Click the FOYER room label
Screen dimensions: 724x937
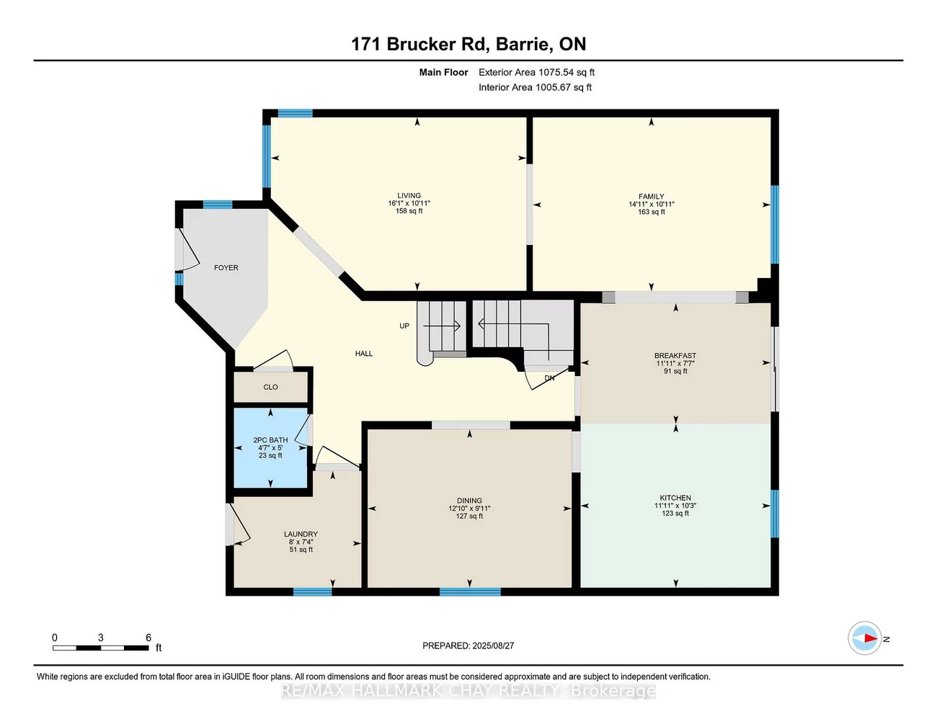point(226,267)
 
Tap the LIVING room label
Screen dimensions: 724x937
point(409,195)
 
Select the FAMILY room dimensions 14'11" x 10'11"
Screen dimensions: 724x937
point(651,205)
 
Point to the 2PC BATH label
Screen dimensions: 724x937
point(270,440)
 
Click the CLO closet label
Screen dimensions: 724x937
point(270,388)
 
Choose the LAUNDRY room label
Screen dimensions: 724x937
point(301,535)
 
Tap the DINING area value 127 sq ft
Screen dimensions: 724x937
point(469,517)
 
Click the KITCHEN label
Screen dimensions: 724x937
point(675,498)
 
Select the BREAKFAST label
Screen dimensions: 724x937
point(675,356)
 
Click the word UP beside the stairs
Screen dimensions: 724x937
point(404,326)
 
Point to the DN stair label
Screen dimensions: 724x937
point(549,378)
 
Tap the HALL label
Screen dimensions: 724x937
point(364,354)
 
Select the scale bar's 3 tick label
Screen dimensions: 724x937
point(101,638)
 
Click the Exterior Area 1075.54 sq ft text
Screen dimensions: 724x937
point(536,72)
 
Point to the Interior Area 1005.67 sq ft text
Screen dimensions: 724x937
point(535,87)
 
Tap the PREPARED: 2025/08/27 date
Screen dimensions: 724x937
point(468,646)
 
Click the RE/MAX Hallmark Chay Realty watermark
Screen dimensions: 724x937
point(468,692)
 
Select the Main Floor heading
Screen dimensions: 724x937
point(443,72)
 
